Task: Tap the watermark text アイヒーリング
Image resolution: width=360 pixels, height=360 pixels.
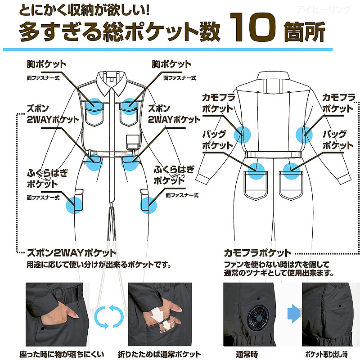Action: point(324,9)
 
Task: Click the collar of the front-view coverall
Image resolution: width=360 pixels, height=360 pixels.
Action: point(112,83)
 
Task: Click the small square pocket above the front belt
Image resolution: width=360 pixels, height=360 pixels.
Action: point(133,142)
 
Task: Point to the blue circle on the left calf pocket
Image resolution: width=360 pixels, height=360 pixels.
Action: point(74,205)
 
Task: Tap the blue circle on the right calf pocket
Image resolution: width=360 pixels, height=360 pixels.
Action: point(148,205)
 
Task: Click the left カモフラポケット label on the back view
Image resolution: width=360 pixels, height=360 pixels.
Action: point(218,103)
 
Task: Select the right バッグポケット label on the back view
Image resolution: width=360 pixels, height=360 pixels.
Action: point(337,140)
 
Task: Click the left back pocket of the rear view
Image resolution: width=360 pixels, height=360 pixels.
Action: point(256,185)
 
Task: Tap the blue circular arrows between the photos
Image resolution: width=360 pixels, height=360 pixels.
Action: point(109,317)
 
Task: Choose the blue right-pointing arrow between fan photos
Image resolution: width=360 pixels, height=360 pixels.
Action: point(294,314)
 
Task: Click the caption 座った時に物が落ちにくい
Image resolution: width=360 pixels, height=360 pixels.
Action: point(62,354)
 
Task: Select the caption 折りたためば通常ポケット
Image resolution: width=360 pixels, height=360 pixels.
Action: point(159,354)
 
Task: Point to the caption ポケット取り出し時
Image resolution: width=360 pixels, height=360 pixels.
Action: point(326,354)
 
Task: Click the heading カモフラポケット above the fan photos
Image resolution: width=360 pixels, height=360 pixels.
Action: point(257,253)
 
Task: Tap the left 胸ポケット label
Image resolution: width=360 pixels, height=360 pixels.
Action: point(47,64)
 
